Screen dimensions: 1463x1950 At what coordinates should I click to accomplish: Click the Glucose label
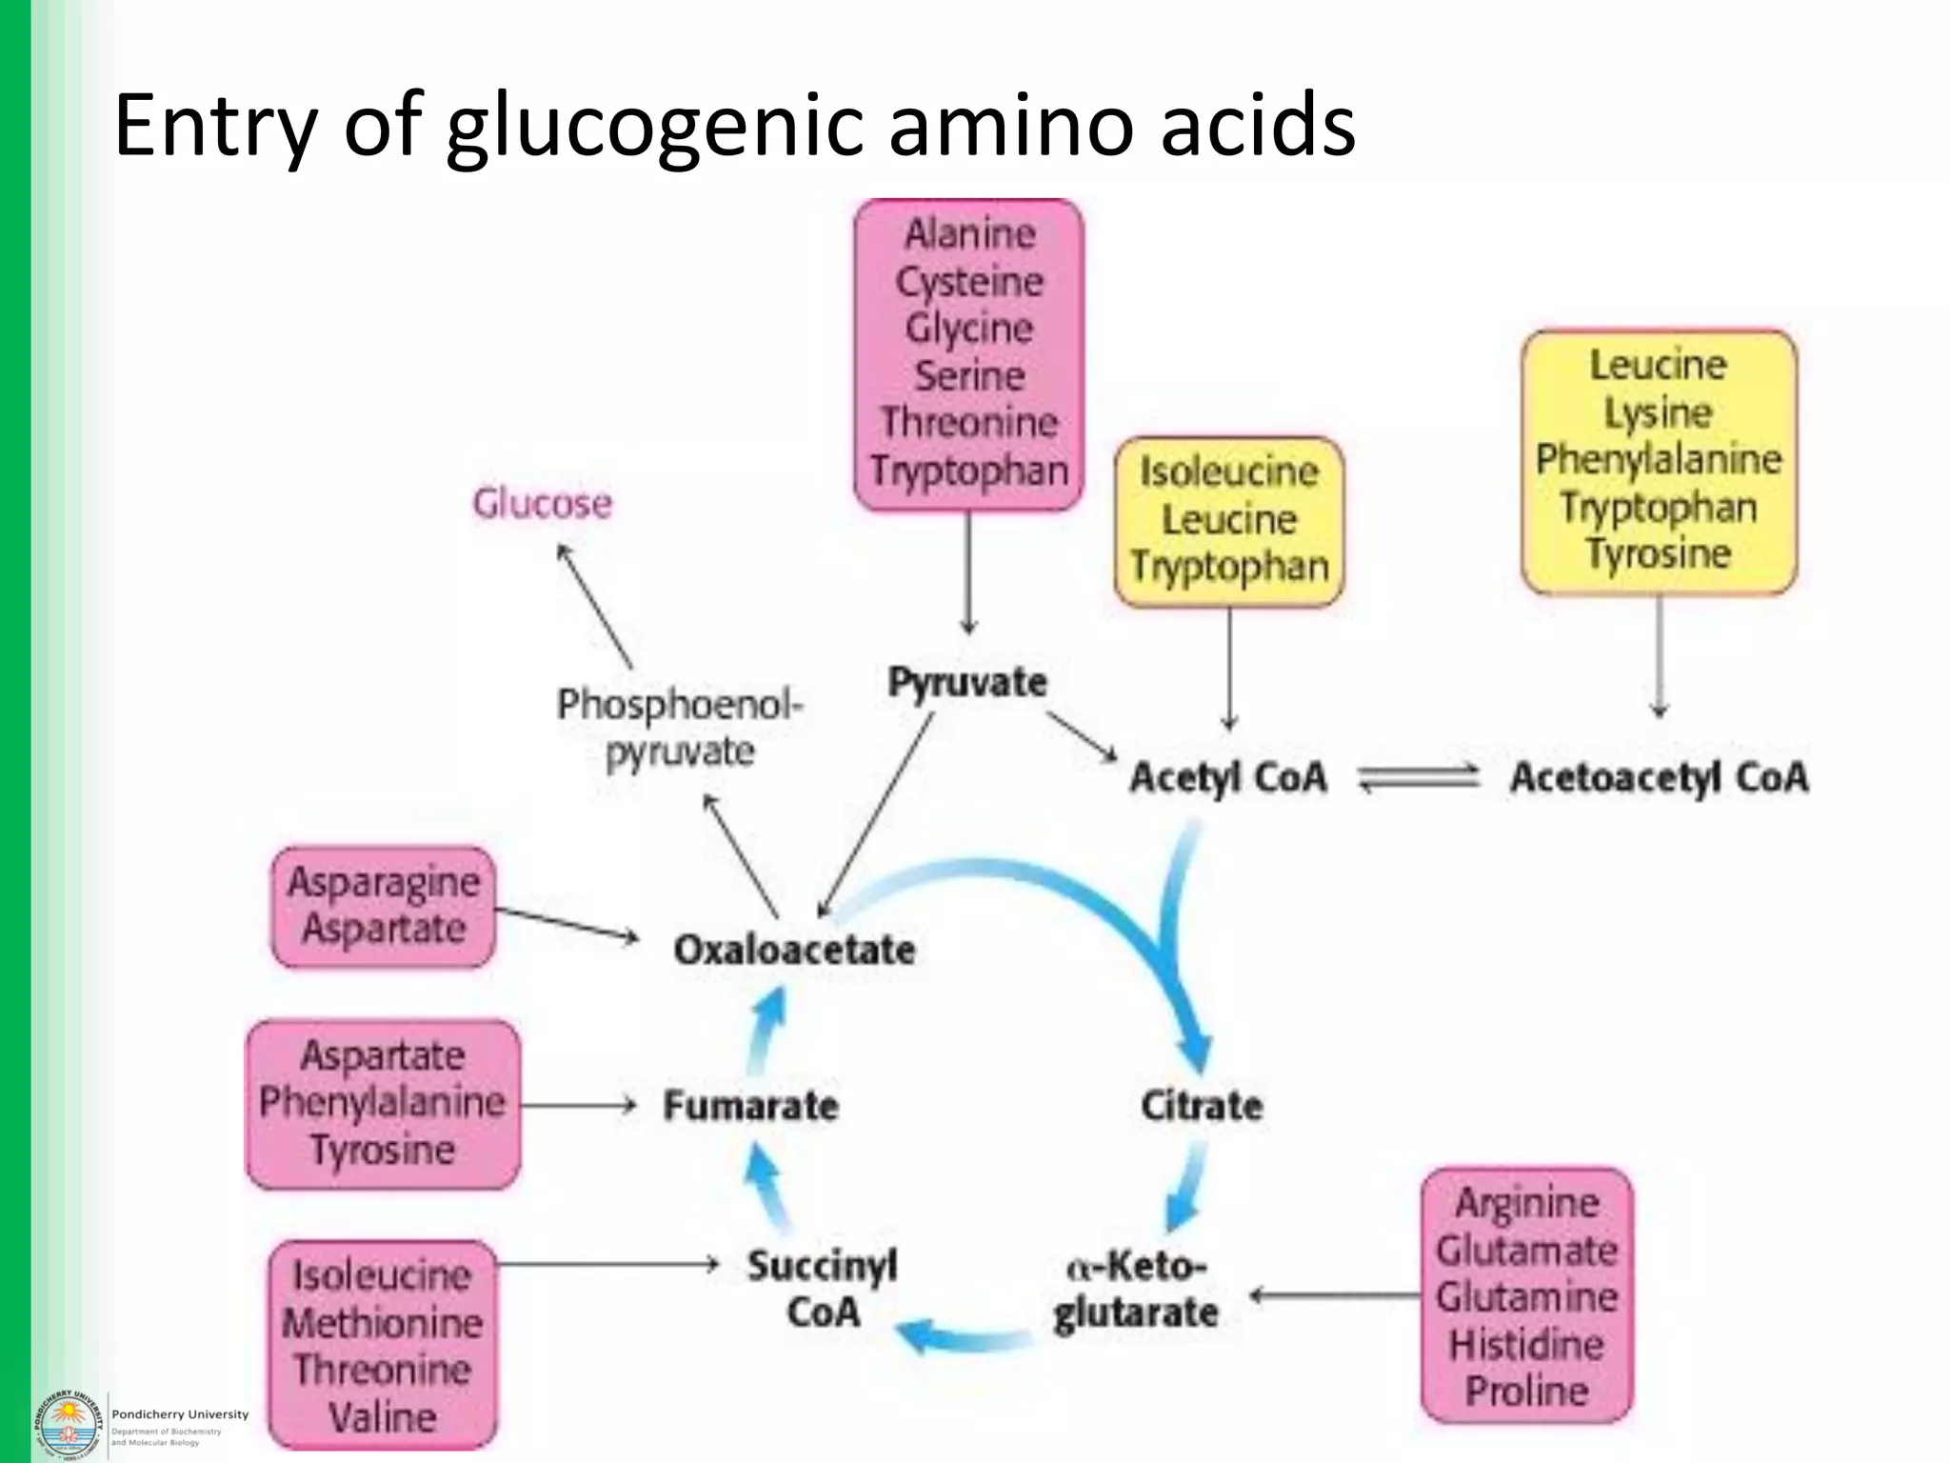pos(542,503)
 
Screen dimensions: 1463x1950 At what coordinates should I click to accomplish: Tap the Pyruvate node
pos(966,682)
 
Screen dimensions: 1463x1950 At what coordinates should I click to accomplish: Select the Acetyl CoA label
pos(1227,777)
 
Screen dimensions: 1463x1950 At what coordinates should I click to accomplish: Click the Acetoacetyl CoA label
pos(1659,777)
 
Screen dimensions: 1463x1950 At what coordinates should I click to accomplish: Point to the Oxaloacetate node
pos(794,949)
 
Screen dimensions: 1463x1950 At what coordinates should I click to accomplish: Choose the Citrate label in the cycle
pos(1202,1105)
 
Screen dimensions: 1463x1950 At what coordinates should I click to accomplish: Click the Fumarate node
pos(750,1105)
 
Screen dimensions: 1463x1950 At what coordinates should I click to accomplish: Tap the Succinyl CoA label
pos(822,1289)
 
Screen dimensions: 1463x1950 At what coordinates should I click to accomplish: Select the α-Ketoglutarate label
pos(1135,1290)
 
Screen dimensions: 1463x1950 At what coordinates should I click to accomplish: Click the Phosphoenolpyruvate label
pos(680,729)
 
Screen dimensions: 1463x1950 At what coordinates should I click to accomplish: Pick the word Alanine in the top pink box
pos(969,233)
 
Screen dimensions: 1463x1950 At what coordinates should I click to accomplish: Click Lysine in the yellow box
pos(1658,412)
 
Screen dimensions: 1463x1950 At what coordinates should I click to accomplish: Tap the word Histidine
pos(1526,1344)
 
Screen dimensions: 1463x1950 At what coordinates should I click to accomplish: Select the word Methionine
pos(383,1322)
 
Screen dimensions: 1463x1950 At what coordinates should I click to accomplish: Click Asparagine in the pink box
pos(384,882)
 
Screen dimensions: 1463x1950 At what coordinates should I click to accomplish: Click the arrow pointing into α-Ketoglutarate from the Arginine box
pos(1333,1295)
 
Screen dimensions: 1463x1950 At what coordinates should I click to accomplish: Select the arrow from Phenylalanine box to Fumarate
pos(578,1105)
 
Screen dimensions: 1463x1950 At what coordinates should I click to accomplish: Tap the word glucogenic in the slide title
pos(655,126)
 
